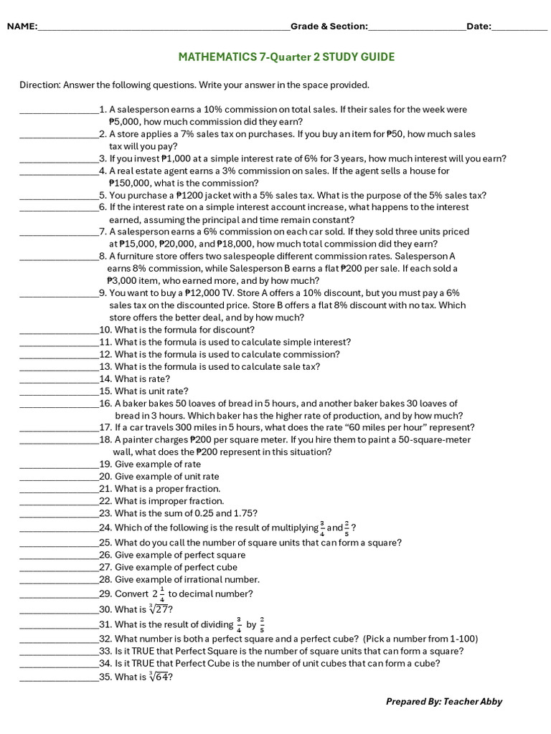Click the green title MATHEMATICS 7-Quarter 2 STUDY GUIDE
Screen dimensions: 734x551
tap(286, 57)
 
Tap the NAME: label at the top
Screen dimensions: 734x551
tap(22, 27)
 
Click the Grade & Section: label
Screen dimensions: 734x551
tap(329, 27)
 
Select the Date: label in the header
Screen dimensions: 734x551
tap(479, 27)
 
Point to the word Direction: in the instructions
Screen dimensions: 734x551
tap(40, 85)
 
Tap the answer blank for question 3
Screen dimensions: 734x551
tap(59, 159)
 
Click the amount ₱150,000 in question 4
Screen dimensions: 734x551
tap(131, 183)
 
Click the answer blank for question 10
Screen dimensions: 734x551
tap(59, 330)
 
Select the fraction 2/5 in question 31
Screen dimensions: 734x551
tap(262, 624)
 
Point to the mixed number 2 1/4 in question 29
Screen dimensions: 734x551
tap(159, 594)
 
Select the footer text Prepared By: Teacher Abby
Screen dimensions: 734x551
tap(444, 702)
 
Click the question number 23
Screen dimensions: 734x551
tap(105, 513)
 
